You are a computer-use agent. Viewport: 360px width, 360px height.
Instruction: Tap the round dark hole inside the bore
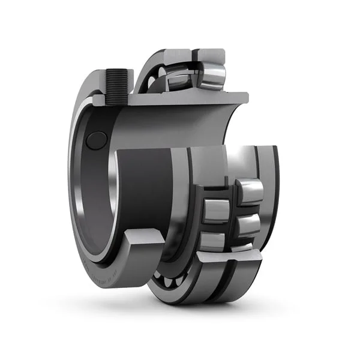click(96, 140)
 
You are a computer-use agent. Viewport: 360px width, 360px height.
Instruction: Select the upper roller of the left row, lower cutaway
click(214, 211)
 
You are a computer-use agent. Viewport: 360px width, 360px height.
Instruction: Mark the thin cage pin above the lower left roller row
click(209, 194)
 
